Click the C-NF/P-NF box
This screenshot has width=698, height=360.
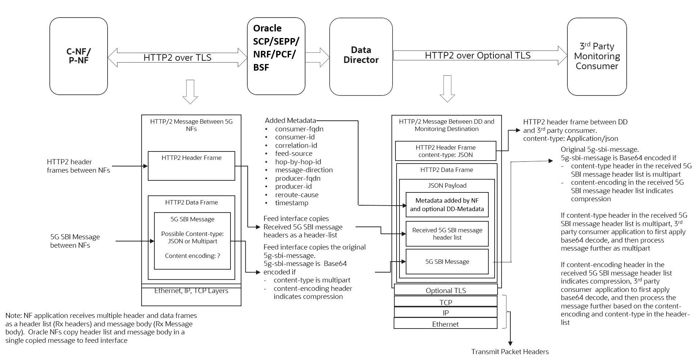[79, 56]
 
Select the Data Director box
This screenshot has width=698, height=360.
[361, 56]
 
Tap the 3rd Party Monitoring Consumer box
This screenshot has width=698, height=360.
[597, 56]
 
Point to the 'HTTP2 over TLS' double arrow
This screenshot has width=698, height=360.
[177, 57]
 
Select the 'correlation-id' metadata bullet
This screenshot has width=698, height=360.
[296, 145]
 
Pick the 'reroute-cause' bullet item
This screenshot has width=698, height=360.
[297, 195]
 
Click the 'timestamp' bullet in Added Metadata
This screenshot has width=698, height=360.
[292, 203]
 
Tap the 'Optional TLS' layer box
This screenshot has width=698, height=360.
[446, 290]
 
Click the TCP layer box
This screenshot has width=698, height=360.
[446, 302]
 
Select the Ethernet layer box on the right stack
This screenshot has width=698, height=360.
[445, 324]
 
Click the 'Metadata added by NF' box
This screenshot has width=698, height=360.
[447, 205]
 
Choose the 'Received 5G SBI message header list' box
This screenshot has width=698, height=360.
[447, 234]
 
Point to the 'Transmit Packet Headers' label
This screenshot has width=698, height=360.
[510, 352]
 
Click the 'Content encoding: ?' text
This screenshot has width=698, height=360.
[192, 256]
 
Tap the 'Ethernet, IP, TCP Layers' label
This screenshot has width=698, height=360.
[191, 291]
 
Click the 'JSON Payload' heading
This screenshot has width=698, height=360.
[447, 185]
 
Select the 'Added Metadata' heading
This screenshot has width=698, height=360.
[290, 120]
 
